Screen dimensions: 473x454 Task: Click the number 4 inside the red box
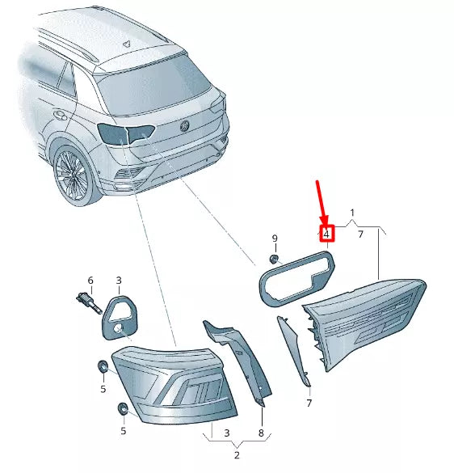coord(326,234)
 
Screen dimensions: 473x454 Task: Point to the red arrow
coord(321,202)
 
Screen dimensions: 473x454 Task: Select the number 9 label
coord(274,239)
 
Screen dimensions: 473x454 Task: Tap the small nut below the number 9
coord(274,259)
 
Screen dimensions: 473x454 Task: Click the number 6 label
coord(90,281)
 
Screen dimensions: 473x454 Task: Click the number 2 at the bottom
coord(237,456)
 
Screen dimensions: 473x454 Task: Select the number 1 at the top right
coord(352,214)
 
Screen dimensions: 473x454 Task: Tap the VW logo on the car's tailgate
coord(183,125)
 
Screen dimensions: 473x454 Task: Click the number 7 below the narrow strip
coord(309,402)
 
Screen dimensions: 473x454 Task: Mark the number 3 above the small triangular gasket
coord(118,281)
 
